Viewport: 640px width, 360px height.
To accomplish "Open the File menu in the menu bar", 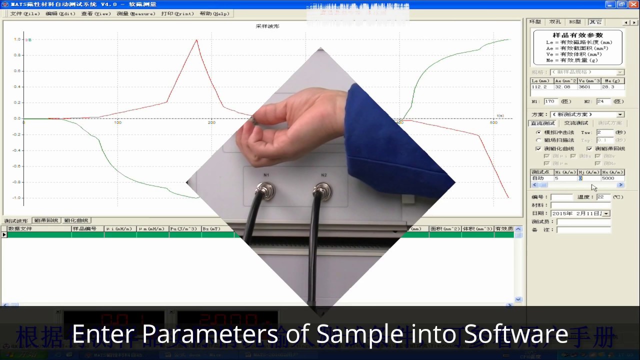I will (24, 14).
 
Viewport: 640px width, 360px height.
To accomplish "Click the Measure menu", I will (135, 14).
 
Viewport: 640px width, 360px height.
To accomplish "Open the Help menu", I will (214, 14).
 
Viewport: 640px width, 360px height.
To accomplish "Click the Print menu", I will (177, 14).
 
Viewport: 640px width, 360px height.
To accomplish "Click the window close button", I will (633, 4).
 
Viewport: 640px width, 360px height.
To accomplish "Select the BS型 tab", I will (574, 22).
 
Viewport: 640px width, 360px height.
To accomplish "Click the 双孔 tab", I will (555, 22).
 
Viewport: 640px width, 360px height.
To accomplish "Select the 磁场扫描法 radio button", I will (538, 140).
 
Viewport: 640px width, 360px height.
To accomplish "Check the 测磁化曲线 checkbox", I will (538, 148).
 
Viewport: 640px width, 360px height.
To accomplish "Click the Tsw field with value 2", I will (604, 132).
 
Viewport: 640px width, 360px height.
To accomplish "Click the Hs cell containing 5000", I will (612, 178).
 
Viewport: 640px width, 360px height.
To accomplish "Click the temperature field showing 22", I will (603, 197).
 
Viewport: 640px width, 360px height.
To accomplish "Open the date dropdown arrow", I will (606, 213).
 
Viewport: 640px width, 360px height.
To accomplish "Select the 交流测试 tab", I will (576, 123).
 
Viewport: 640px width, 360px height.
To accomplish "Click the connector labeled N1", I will (265, 190).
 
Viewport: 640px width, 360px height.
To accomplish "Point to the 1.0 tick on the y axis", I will (17, 39).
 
